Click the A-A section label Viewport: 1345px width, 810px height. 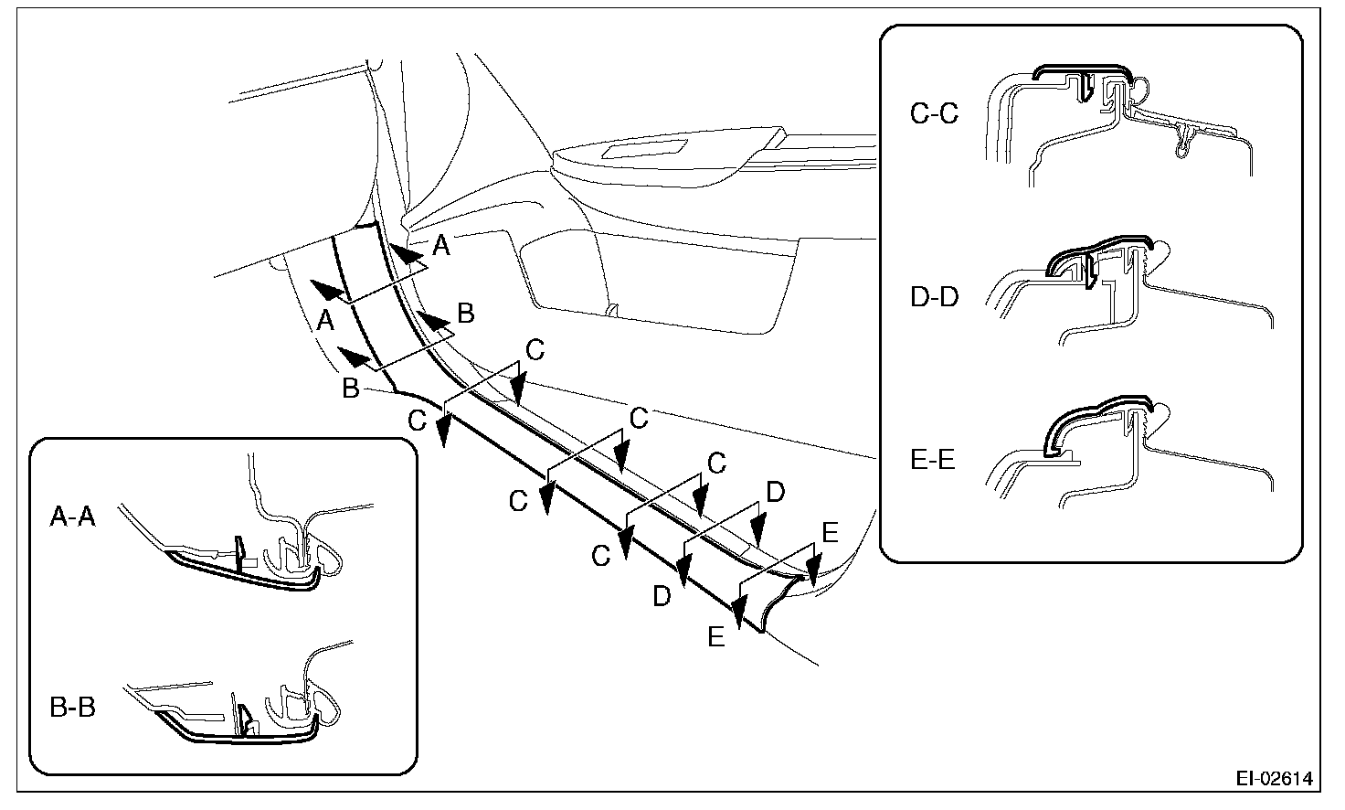click(x=73, y=519)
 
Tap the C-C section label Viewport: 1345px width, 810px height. click(x=935, y=114)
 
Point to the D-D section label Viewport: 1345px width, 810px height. click(x=935, y=298)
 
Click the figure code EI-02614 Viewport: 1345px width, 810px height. click(x=1275, y=779)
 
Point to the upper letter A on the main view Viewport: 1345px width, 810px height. click(x=440, y=244)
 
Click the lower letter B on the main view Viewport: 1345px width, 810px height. click(x=351, y=389)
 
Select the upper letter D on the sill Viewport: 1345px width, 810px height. click(x=774, y=494)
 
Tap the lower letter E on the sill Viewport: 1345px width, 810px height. click(x=716, y=636)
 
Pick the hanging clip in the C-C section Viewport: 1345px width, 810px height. click(x=1185, y=142)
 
